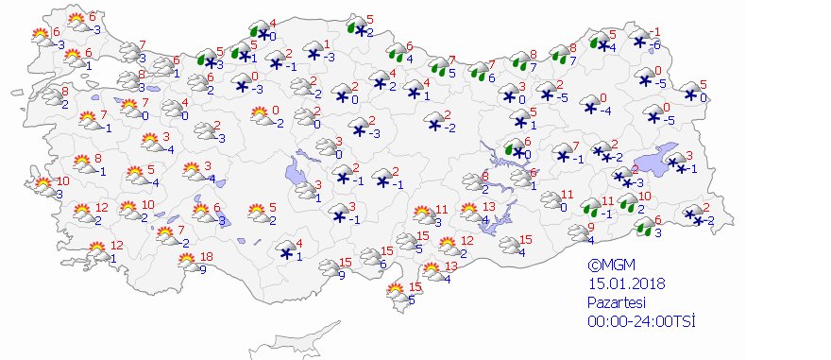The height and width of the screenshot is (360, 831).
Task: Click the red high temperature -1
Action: pyautogui.click(x=657, y=31)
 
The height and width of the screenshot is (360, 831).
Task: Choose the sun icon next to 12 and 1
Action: pyautogui.click(x=97, y=252)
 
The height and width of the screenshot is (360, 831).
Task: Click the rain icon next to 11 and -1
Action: pyautogui.click(x=591, y=208)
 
